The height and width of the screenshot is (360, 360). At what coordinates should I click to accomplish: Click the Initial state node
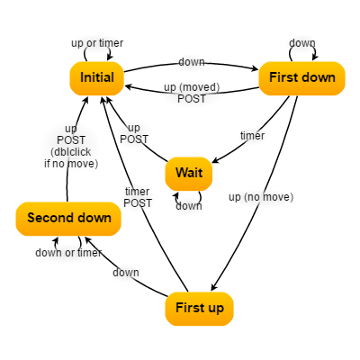pyautogui.click(x=96, y=78)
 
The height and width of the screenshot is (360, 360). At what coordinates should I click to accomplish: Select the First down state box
pyautogui.click(x=301, y=78)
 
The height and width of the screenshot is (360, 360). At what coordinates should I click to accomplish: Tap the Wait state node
pyautogui.click(x=188, y=173)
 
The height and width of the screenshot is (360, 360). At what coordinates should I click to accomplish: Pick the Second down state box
pyautogui.click(x=68, y=218)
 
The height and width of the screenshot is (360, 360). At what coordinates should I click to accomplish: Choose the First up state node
pyautogui.click(x=200, y=309)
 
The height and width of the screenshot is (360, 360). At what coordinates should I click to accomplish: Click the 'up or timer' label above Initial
pyautogui.click(x=97, y=42)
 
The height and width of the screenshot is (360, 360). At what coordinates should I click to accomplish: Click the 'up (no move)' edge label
pyautogui.click(x=261, y=196)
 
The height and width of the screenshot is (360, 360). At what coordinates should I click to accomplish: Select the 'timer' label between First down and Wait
pyautogui.click(x=252, y=135)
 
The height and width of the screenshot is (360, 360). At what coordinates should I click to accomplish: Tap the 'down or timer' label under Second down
pyautogui.click(x=68, y=253)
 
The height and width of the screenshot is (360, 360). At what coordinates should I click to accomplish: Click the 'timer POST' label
pyautogui.click(x=138, y=197)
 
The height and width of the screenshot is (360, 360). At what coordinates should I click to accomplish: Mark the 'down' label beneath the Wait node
pyautogui.click(x=188, y=206)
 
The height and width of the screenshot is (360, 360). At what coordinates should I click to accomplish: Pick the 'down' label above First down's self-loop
pyautogui.click(x=301, y=42)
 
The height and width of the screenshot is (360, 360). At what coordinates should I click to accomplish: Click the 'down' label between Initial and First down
pyautogui.click(x=191, y=62)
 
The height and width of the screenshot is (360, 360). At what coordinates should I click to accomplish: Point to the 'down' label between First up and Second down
pyautogui.click(x=126, y=272)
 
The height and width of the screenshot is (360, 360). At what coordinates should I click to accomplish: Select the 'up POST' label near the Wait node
pyautogui.click(x=134, y=133)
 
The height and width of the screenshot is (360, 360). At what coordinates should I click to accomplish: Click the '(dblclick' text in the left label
pyautogui.click(x=70, y=151)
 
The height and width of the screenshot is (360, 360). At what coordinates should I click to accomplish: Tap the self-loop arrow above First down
pyautogui.click(x=302, y=53)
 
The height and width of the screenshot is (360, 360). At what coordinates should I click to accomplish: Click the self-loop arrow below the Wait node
pyautogui.click(x=188, y=196)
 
